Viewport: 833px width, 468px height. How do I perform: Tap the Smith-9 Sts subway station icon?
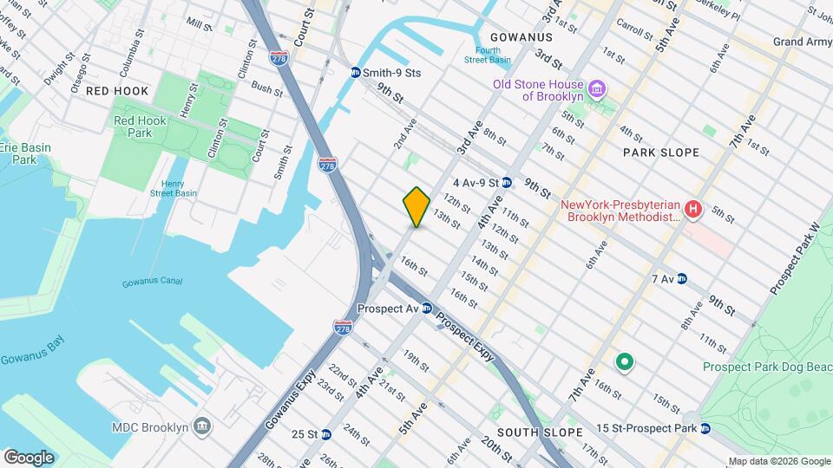[356, 73]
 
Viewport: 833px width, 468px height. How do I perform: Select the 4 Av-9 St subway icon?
[507, 183]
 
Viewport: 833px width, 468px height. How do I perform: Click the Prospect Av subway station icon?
[427, 309]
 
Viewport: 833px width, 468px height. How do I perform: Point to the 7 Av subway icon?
[682, 278]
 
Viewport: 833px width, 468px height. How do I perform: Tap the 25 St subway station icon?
[326, 433]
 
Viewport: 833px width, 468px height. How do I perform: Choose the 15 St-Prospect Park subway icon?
[705, 428]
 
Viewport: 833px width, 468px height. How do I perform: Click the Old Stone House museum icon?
[596, 89]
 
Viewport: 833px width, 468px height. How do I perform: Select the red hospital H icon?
[692, 209]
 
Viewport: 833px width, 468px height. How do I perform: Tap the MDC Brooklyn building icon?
[202, 427]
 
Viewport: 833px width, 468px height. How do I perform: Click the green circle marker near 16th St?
[623, 361]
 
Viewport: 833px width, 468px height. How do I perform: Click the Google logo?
[29, 457]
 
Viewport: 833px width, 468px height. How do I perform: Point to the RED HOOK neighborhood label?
[117, 91]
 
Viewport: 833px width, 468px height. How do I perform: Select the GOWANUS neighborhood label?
[521, 37]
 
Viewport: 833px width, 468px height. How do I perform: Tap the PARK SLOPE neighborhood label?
[661, 153]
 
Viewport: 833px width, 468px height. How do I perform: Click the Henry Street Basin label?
[171, 189]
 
